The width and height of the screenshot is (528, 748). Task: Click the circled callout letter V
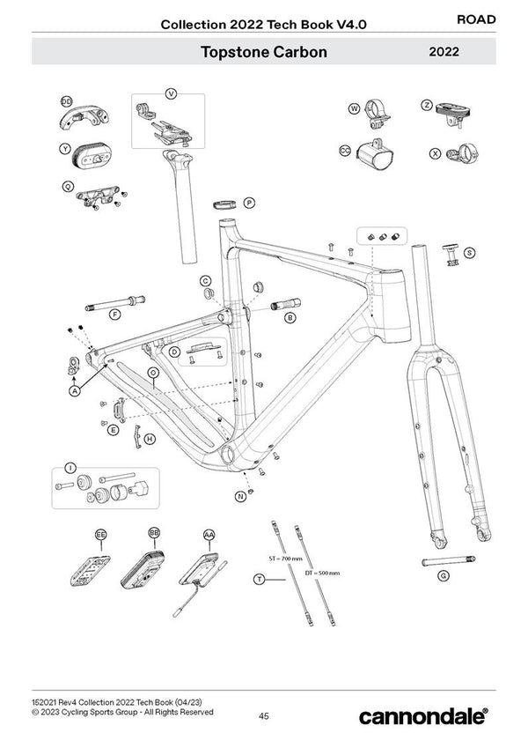coord(171,93)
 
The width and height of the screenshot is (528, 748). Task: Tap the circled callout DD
coord(67,102)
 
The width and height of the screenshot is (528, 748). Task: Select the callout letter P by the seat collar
coord(249,203)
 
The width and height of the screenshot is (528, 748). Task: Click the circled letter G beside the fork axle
coord(443,576)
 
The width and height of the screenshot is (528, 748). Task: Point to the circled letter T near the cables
coord(259,578)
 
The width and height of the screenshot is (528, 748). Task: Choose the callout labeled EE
coord(101,535)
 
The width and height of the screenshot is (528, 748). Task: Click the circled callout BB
coord(155,534)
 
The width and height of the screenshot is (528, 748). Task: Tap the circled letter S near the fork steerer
coord(469,253)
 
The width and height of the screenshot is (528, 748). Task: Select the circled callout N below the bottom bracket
coord(240,497)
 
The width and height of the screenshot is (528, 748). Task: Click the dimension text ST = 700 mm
coord(284,559)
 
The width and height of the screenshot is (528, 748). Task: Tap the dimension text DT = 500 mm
coord(320,573)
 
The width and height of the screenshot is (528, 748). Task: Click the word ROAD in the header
coord(477,19)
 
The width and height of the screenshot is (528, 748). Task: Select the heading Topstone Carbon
coord(263,52)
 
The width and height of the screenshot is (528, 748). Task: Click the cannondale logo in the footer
coord(423,716)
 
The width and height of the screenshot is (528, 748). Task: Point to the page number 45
coord(264,715)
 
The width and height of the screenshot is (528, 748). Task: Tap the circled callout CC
coord(346,151)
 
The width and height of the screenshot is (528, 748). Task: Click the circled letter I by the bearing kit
coord(70,466)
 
